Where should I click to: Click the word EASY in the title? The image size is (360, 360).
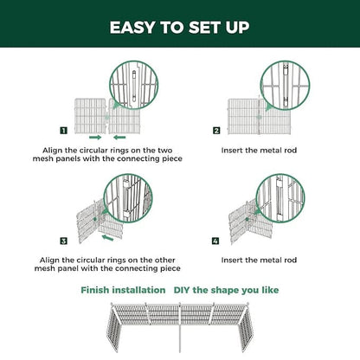(133, 27)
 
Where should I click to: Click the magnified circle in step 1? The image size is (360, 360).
(130, 87)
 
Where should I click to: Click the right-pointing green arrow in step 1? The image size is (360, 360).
(94, 137)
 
